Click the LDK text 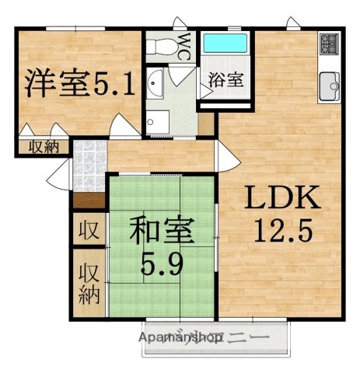[x=282, y=200]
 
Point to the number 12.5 [x=283, y=230]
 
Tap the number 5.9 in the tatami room [x=162, y=265]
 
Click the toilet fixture [x=162, y=46]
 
